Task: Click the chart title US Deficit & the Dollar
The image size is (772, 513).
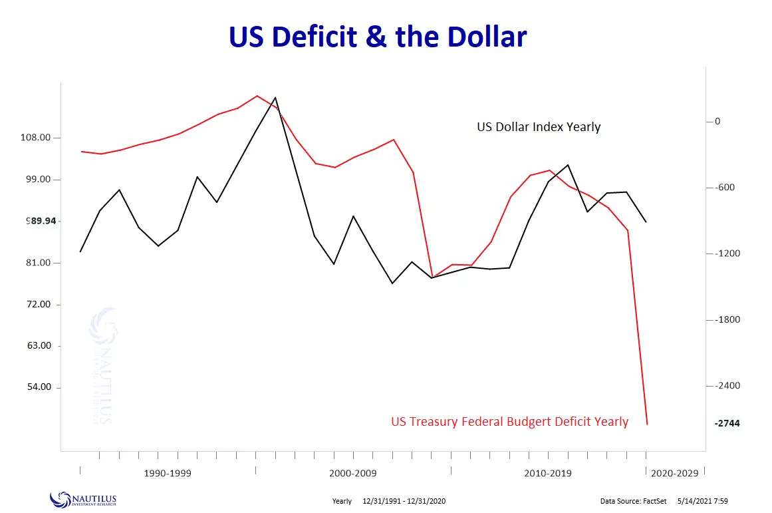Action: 378,37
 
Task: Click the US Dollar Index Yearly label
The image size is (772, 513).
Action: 539,127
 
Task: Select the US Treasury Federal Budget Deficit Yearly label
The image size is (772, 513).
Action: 509,421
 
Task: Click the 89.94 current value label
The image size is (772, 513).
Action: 41,221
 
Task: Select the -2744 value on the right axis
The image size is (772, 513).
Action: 727,423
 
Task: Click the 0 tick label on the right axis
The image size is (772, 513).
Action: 717,121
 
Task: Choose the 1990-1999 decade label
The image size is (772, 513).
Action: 168,474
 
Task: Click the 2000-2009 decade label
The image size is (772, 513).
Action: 352,474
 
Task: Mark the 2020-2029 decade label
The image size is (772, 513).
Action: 675,474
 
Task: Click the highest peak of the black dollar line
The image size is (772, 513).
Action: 275,98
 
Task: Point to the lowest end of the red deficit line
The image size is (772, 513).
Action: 647,424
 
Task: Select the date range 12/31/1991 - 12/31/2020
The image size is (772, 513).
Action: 409,501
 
